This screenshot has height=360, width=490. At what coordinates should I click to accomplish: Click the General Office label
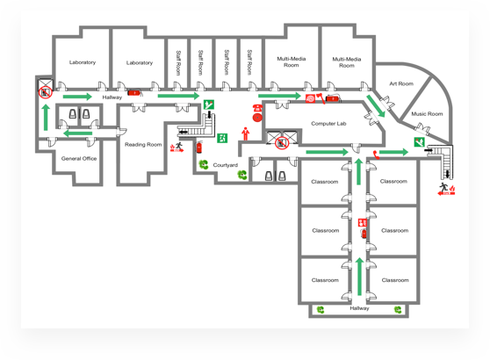[x=79, y=158]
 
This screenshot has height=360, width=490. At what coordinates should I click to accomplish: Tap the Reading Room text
[x=143, y=144]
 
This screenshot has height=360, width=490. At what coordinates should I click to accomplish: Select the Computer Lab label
[x=328, y=124]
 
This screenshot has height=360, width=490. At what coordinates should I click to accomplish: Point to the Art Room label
[x=401, y=83]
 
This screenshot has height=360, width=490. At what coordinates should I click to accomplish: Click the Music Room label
[x=427, y=114]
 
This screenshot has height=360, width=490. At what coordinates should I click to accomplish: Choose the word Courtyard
[x=226, y=165]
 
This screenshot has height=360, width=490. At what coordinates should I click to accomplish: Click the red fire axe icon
[x=320, y=98]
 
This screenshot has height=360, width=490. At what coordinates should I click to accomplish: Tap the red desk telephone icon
[x=257, y=108]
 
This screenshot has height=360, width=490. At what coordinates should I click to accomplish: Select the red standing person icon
[x=246, y=133]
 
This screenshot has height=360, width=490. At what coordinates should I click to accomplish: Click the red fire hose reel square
[x=311, y=98]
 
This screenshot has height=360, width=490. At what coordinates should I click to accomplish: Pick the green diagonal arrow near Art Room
[x=375, y=106]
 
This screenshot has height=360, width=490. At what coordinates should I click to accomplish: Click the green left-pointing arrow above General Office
[x=78, y=133]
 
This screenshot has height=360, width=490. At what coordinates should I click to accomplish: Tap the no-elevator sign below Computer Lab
[x=282, y=143]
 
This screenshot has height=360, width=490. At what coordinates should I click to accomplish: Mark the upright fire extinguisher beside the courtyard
[x=199, y=147]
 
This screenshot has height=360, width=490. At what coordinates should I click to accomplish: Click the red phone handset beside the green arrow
[x=376, y=155]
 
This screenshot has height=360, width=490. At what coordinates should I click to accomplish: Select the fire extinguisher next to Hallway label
[x=134, y=93]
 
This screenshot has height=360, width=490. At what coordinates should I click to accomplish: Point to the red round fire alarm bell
[x=257, y=118]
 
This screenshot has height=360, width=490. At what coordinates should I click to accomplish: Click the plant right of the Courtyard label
[x=241, y=175]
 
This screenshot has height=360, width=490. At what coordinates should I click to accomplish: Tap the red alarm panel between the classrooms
[x=362, y=223]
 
